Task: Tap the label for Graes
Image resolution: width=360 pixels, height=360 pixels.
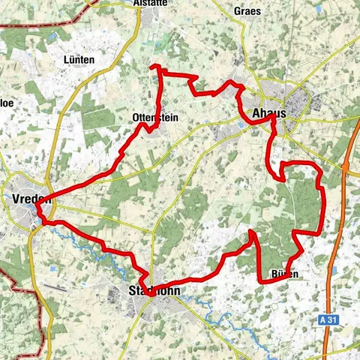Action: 247,11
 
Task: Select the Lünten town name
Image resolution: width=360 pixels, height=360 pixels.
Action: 79,59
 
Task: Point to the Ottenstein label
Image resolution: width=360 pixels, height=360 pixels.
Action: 153,118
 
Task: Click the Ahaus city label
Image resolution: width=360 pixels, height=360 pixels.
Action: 268,113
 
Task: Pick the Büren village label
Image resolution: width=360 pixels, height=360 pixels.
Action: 284,274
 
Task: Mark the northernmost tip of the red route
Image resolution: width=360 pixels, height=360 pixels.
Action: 154,66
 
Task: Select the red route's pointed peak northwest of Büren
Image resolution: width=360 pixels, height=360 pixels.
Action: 253,233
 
